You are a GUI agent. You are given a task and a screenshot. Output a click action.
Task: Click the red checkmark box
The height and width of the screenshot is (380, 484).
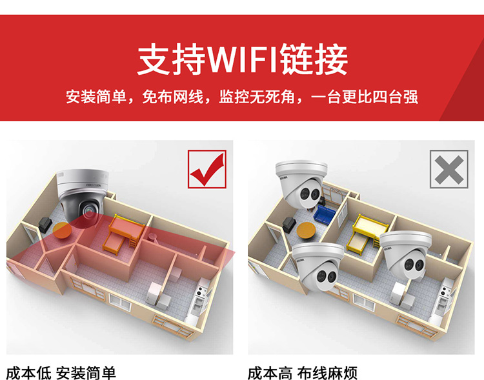tap(207, 169)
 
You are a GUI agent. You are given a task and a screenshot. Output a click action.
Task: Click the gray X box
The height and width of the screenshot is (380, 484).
tap(449, 169)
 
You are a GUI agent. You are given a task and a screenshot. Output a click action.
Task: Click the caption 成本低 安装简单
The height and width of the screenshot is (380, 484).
tap(61, 373)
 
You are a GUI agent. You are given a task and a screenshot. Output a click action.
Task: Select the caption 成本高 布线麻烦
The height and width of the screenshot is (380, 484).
tap(303, 373)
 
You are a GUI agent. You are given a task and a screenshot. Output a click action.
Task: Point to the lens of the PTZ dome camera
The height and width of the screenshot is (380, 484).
tap(89, 210)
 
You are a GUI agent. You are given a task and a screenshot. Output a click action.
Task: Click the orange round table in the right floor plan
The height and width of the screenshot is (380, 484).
tap(306, 230)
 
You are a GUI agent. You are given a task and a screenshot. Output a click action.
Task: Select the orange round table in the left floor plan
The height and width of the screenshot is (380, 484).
tap(62, 230)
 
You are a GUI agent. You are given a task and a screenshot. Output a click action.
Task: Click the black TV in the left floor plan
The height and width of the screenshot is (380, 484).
tap(45, 224)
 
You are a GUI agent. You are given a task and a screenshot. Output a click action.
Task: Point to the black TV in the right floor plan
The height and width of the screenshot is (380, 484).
tap(290, 224)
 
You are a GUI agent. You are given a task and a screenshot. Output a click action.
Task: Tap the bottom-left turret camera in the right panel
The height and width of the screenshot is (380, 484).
tap(318, 266)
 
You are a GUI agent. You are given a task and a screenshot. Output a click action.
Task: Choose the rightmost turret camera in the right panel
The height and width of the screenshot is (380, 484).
tap(406, 255)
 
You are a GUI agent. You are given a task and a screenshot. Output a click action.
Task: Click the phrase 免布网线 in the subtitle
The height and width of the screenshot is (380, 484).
tap(172, 97)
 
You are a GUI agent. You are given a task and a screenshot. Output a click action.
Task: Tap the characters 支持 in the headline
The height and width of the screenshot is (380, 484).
tap(171, 59)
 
